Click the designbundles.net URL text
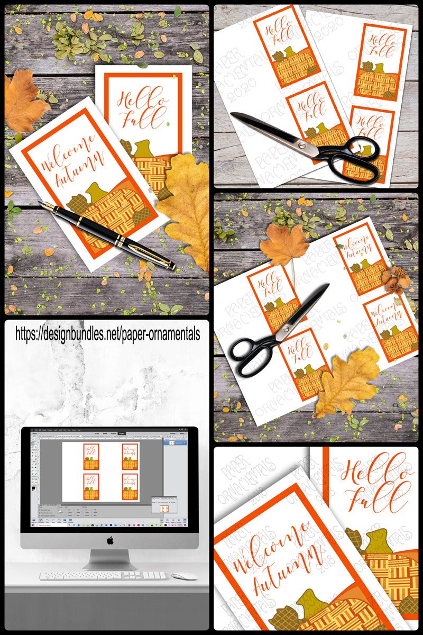(107, 333)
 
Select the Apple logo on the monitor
(110, 540)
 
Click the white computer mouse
(183, 576)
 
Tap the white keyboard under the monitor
(103, 575)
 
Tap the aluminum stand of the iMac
(110, 558)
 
